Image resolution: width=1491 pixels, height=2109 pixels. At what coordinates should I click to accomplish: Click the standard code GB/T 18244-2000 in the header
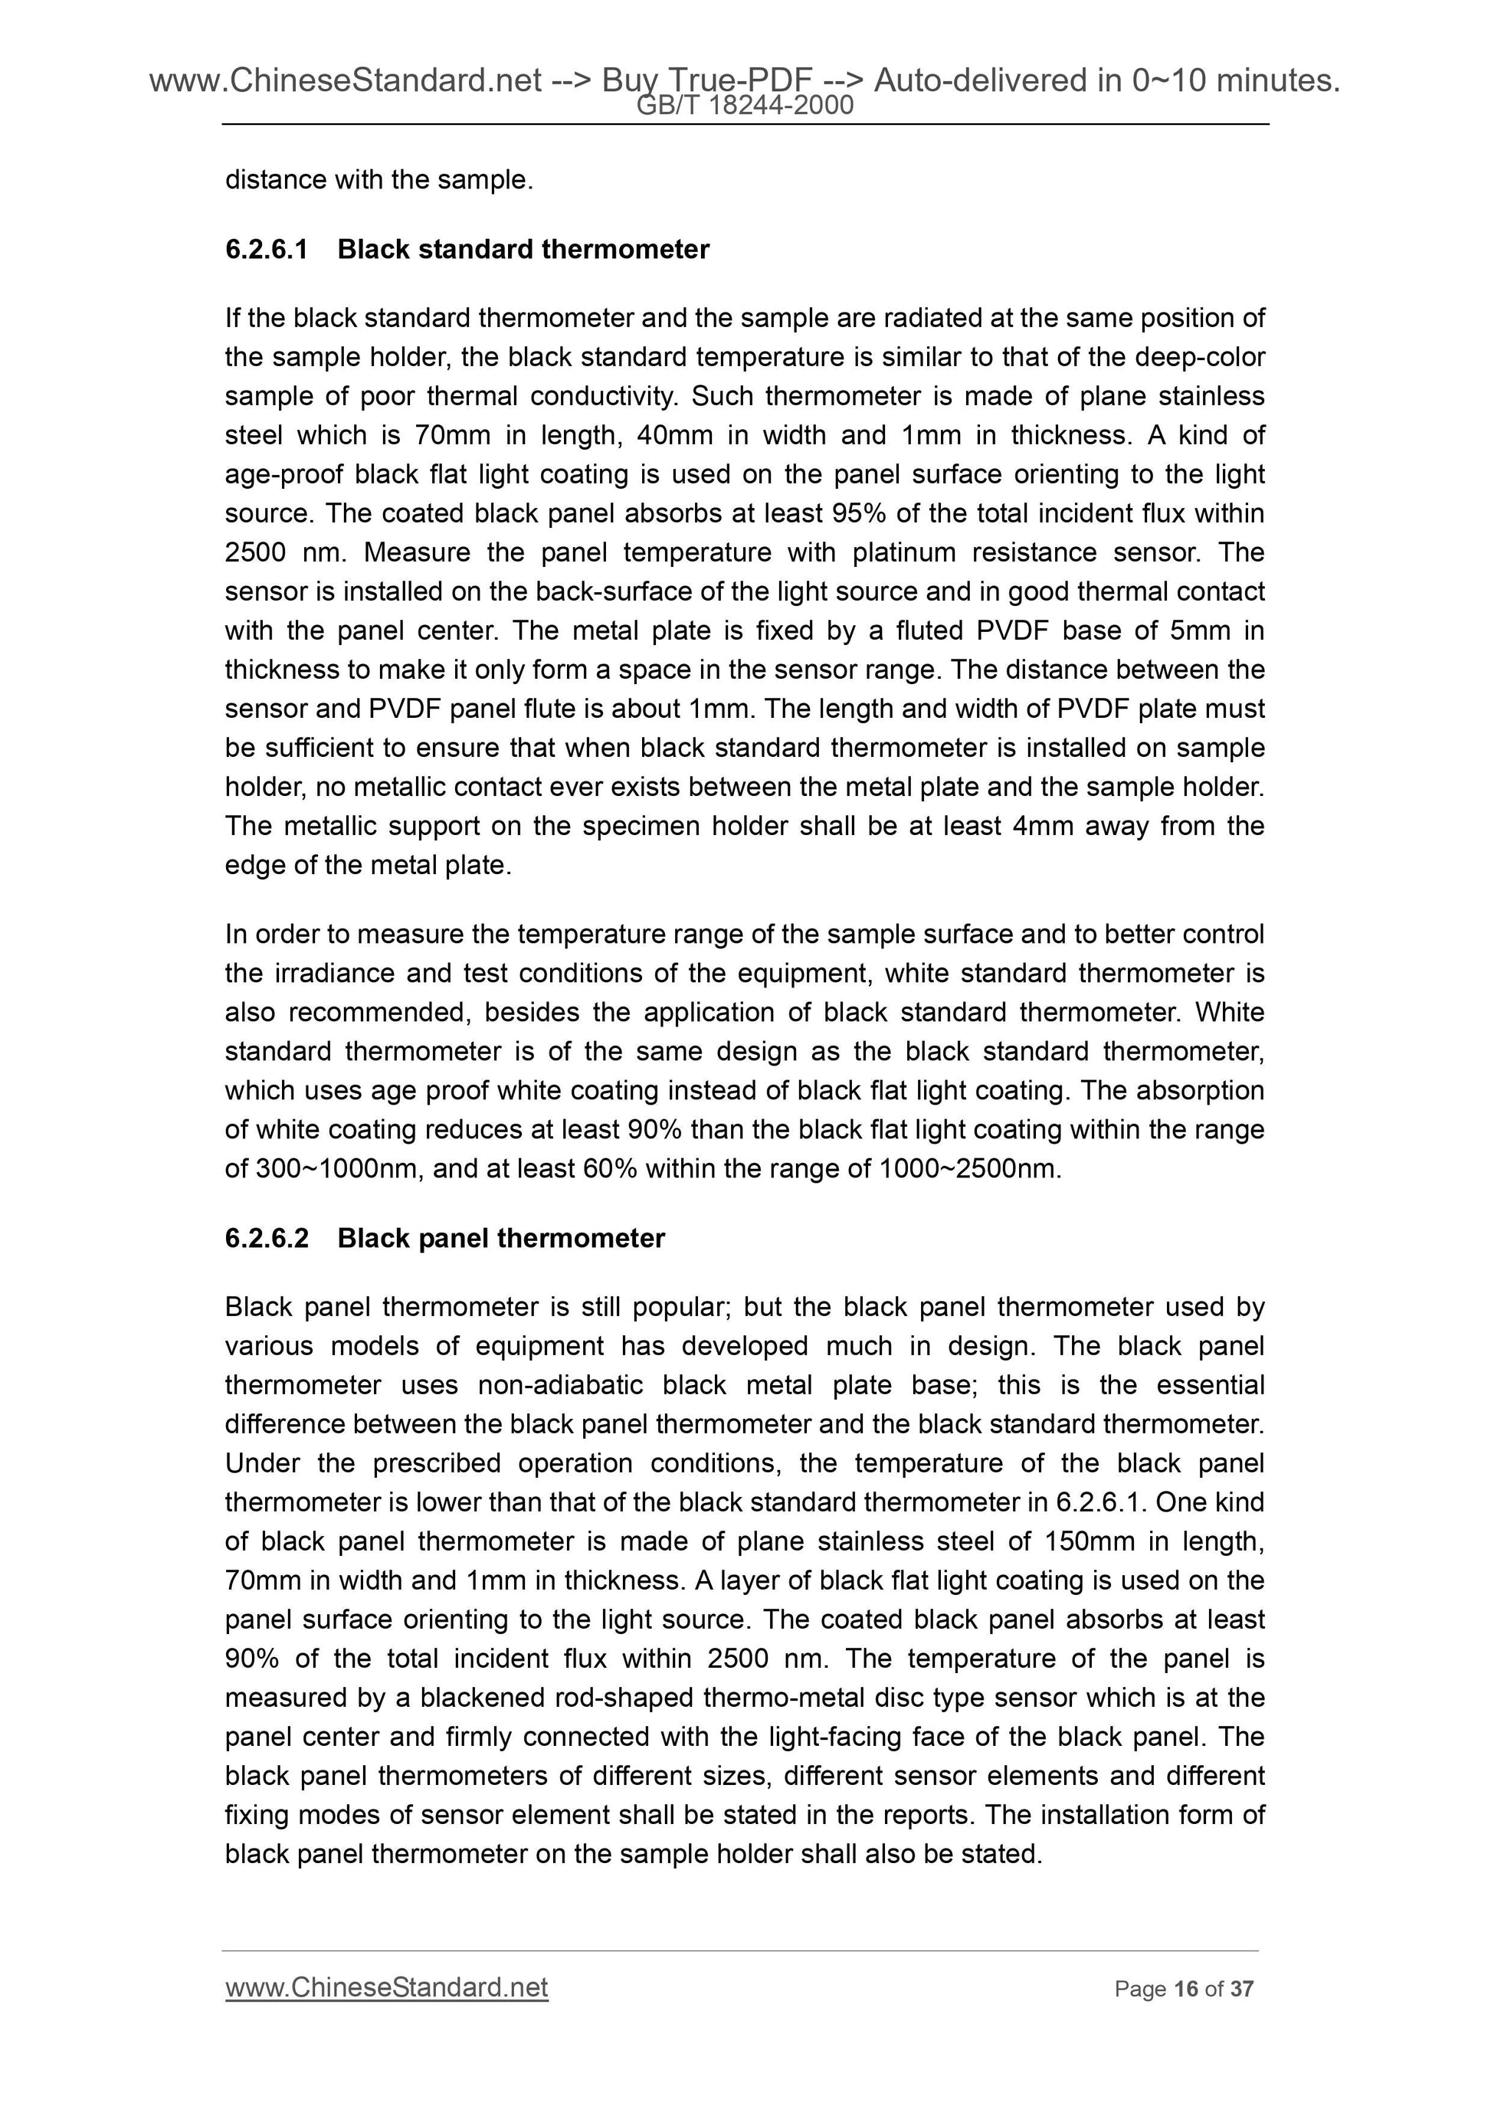click(745, 106)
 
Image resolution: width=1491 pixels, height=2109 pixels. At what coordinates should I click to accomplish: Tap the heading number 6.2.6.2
click(267, 1238)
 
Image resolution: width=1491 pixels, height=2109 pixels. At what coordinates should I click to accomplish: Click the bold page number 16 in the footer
click(1186, 1989)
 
